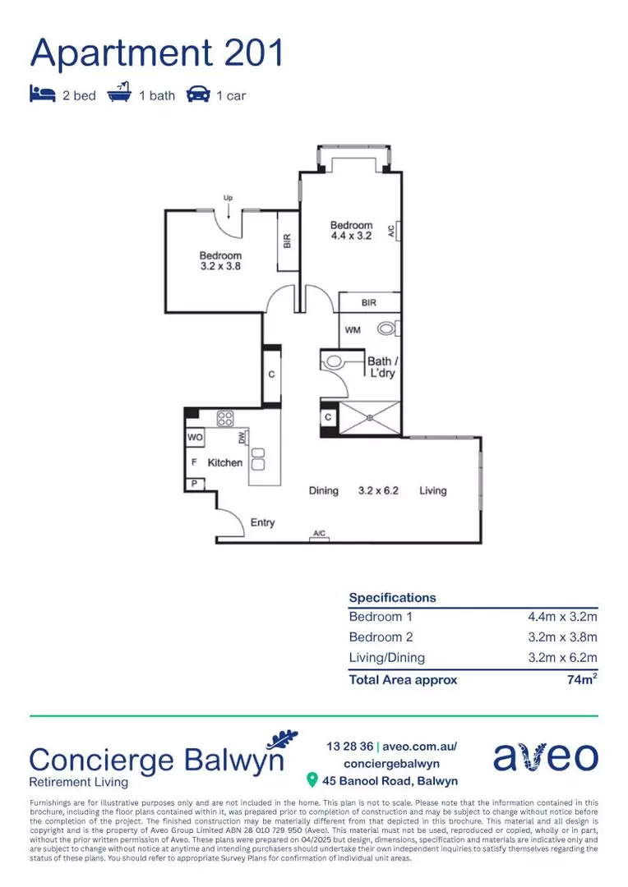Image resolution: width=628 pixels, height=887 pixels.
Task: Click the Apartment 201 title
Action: [157, 53]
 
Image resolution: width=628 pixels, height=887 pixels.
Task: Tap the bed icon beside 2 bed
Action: [41, 95]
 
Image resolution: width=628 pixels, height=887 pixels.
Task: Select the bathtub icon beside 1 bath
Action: [120, 94]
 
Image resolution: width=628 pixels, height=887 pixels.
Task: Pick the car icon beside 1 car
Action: [197, 95]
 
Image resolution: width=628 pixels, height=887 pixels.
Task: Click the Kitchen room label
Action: [224, 463]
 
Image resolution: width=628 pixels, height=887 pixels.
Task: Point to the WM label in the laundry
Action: [352, 330]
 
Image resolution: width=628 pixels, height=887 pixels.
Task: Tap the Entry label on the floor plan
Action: [262, 523]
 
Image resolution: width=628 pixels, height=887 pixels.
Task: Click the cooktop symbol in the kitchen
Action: [225, 418]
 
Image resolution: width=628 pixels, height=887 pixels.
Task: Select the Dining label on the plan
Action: [323, 491]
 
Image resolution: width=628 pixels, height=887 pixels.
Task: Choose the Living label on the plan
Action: [432, 491]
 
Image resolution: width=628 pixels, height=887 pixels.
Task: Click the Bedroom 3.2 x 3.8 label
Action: [220, 261]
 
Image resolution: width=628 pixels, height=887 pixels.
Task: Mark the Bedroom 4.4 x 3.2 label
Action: [351, 231]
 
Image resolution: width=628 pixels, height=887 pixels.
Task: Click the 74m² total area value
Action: [580, 679]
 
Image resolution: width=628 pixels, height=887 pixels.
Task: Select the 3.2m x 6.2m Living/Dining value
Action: [562, 658]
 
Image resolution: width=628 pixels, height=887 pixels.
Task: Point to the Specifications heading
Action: [392, 598]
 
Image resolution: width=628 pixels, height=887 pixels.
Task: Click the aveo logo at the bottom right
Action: [545, 756]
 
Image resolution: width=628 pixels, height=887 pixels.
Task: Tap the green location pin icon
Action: [312, 779]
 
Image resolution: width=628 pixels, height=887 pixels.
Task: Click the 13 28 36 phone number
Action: [349, 747]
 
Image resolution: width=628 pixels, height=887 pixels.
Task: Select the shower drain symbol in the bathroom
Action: [370, 417]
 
